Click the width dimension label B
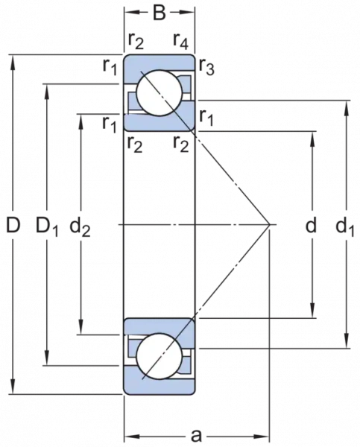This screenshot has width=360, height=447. (160, 13)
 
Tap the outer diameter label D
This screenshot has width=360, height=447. (13, 225)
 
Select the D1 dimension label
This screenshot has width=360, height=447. (47, 226)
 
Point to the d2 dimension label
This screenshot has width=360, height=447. (80, 226)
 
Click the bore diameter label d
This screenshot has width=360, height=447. (311, 225)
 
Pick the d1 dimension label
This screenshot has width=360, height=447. (345, 226)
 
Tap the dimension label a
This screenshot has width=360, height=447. (196, 435)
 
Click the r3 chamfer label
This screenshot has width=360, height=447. (206, 67)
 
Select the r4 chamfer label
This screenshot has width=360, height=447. (181, 41)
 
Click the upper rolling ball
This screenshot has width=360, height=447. (160, 93)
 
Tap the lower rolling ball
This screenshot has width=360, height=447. (160, 356)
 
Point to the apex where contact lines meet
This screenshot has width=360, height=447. (270, 225)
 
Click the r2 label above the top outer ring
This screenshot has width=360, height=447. (135, 41)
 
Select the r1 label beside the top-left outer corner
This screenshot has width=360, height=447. (110, 67)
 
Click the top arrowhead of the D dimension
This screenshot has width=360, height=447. (13, 63)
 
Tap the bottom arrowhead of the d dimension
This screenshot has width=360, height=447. (313, 310)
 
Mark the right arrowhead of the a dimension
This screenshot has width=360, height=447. (262, 436)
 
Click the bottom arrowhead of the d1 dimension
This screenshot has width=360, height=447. (347, 340)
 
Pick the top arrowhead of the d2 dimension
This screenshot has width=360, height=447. (81, 122)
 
